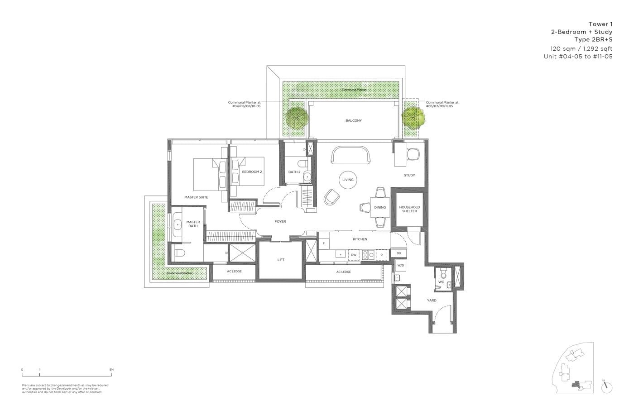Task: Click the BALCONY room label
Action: pos(353,120)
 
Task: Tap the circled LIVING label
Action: pos(348,180)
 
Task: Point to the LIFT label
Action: pos(281,260)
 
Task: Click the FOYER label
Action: pos(280,221)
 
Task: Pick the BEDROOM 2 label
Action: pos(252,172)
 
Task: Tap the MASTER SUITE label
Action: pos(196,197)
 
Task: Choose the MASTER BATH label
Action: pos(193,224)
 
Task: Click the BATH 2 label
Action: pos(294,172)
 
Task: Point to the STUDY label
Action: pos(409,175)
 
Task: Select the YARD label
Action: pos(432,300)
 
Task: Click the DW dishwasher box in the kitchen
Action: pos(354,255)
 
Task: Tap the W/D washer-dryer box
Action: pos(400,266)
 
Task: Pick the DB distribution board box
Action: pos(399,253)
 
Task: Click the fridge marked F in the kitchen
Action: pos(323,244)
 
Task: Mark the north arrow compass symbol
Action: pos(606,387)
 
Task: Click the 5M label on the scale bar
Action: pos(111,370)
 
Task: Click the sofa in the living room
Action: pos(351,156)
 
